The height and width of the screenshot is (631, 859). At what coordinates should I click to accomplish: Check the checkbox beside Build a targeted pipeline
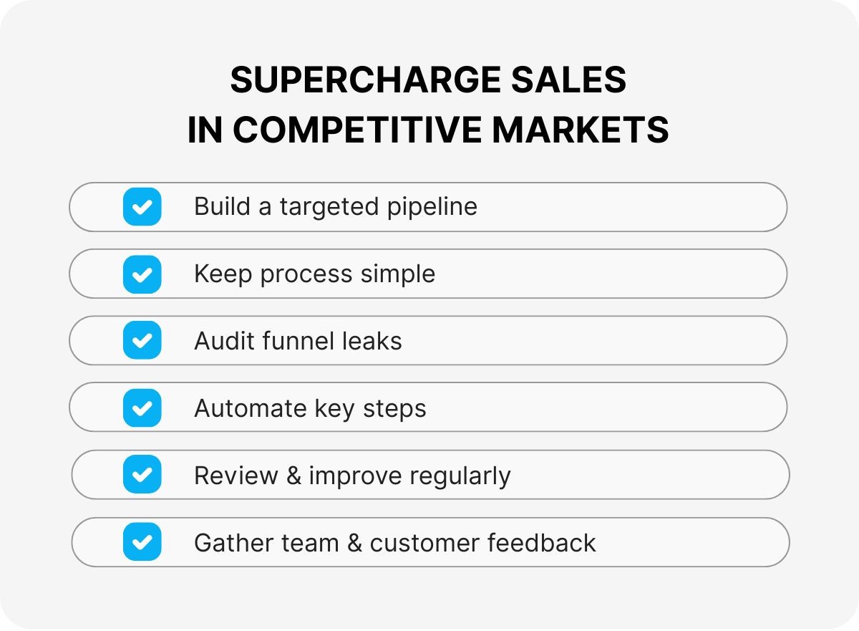[x=142, y=207]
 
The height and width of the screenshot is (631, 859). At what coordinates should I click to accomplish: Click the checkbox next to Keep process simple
[x=142, y=274]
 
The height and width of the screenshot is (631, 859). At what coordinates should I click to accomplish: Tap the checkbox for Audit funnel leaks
[x=142, y=341]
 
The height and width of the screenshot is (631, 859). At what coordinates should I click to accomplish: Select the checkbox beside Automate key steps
[x=142, y=408]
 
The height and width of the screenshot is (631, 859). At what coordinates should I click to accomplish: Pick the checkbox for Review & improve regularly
[x=142, y=475]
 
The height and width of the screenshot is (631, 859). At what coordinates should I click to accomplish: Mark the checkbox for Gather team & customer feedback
[x=142, y=542]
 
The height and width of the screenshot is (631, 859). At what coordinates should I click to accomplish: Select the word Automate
[x=250, y=408]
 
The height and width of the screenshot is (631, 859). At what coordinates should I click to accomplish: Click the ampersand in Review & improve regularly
[x=293, y=476]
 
